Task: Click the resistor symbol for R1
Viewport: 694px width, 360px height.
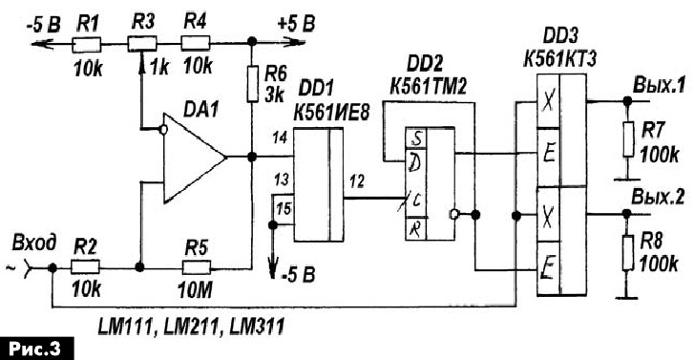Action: (86, 44)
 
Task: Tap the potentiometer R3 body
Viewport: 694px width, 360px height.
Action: (142, 44)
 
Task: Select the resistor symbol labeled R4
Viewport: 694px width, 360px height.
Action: (196, 44)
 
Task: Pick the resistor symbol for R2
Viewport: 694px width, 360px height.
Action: (85, 267)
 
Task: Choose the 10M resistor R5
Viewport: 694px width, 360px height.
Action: (196, 267)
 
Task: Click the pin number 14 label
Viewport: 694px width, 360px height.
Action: (280, 139)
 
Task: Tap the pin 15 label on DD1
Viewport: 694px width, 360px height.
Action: (284, 207)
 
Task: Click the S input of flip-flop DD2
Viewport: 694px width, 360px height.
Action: (416, 138)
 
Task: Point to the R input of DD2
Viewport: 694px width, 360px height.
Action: (415, 229)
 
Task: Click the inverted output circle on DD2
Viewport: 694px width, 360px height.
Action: (453, 215)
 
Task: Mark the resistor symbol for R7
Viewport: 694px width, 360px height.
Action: (627, 139)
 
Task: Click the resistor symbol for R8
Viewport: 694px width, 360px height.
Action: (627, 252)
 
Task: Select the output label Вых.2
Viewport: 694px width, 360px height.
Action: (658, 197)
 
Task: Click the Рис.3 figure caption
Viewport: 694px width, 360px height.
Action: (36, 349)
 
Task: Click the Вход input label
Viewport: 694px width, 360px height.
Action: (34, 244)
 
